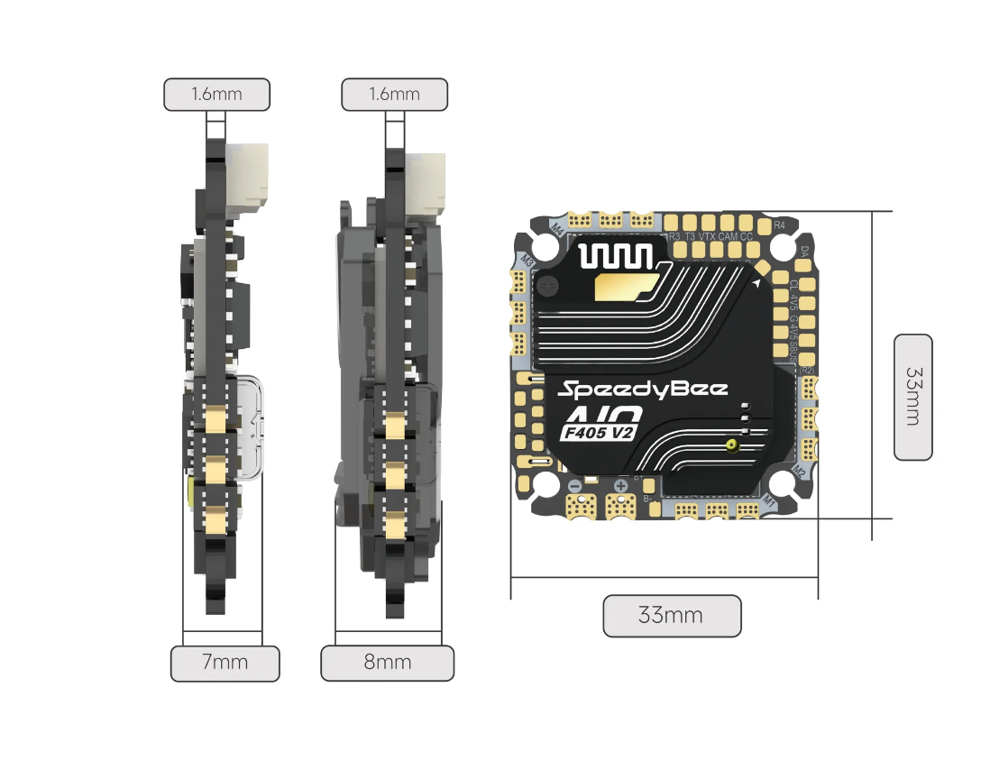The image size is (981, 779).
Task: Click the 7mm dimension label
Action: [225, 663]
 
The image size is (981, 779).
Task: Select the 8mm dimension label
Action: [387, 663]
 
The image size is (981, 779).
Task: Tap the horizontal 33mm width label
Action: [671, 616]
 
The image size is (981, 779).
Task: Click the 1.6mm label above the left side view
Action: [215, 94]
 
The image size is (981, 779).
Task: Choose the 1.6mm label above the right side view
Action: [394, 94]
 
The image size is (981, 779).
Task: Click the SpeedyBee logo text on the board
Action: [641, 389]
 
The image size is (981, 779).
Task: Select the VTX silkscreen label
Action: [708, 236]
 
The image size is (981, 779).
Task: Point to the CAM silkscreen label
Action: [729, 236]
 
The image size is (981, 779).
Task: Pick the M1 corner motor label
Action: [769, 499]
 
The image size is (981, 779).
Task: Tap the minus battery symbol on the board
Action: [574, 486]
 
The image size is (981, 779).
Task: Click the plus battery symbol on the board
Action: [620, 486]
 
